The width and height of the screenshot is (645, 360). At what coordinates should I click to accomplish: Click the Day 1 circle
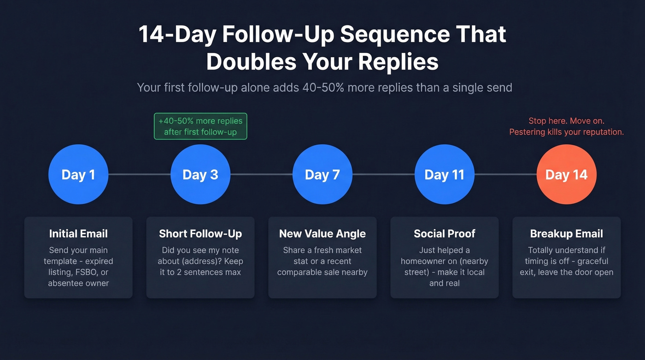pyautogui.click(x=78, y=174)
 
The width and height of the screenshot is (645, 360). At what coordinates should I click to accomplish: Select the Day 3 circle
pyautogui.click(x=200, y=174)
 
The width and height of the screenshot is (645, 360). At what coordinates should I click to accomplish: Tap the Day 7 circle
pyautogui.click(x=322, y=174)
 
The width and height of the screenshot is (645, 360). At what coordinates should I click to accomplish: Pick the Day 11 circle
pyautogui.click(x=445, y=174)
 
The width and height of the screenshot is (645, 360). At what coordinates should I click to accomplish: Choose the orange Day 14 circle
pyautogui.click(x=567, y=174)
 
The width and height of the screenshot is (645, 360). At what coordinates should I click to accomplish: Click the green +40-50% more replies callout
pyautogui.click(x=200, y=126)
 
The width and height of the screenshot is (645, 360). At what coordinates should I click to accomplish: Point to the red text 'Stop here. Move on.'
pyautogui.click(x=566, y=121)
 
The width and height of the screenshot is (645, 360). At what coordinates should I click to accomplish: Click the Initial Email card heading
pyautogui.click(x=78, y=234)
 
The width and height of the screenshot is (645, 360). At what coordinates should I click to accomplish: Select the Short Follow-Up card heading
pyautogui.click(x=200, y=234)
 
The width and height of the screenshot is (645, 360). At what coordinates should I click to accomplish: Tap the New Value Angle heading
pyautogui.click(x=322, y=234)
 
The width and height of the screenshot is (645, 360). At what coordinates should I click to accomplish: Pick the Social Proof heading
pyautogui.click(x=445, y=234)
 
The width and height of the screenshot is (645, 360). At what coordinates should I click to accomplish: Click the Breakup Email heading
pyautogui.click(x=567, y=234)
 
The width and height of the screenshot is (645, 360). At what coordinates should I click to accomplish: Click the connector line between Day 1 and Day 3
pyautogui.click(x=139, y=174)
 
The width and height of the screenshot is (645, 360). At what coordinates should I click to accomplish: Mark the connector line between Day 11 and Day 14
pyautogui.click(x=505, y=174)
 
